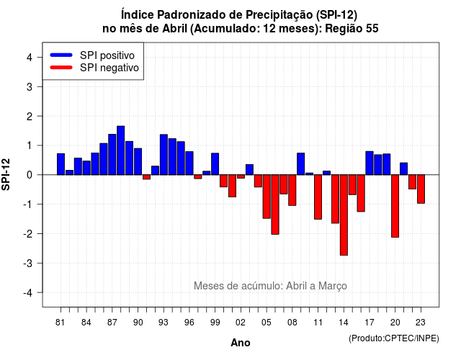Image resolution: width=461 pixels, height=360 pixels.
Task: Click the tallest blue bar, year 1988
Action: (x=120, y=150)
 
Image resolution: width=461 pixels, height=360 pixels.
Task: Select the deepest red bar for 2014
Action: (x=344, y=215)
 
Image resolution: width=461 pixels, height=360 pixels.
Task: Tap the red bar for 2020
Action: (x=395, y=206)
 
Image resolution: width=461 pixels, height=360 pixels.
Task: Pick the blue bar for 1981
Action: (x=61, y=164)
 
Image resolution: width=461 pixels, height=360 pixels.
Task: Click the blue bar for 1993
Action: (x=164, y=155)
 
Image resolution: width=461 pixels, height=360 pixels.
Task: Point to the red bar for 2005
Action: (x=267, y=197)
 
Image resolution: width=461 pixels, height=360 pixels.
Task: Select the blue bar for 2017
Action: (x=370, y=163)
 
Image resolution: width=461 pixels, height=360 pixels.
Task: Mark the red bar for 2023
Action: (x=421, y=189)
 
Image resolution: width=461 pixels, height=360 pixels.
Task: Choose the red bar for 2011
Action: (x=318, y=197)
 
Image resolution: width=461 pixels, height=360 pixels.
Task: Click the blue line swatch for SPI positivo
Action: (x=61, y=55)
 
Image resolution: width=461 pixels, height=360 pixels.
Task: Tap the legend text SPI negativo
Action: (x=109, y=68)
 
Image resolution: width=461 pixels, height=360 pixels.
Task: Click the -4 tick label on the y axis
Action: (x=28, y=293)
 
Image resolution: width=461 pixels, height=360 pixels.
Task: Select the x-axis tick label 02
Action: (x=241, y=323)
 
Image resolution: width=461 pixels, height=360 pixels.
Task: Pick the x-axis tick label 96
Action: (x=189, y=323)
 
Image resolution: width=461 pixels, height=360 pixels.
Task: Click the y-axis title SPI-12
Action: (x=6, y=174)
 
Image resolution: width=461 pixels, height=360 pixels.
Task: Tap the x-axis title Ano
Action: (x=241, y=343)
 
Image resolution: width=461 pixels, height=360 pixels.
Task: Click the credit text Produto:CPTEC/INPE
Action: (x=394, y=338)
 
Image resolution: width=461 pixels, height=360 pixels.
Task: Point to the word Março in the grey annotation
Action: (x=333, y=286)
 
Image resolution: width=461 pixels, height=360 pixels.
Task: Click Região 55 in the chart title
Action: (x=352, y=29)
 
